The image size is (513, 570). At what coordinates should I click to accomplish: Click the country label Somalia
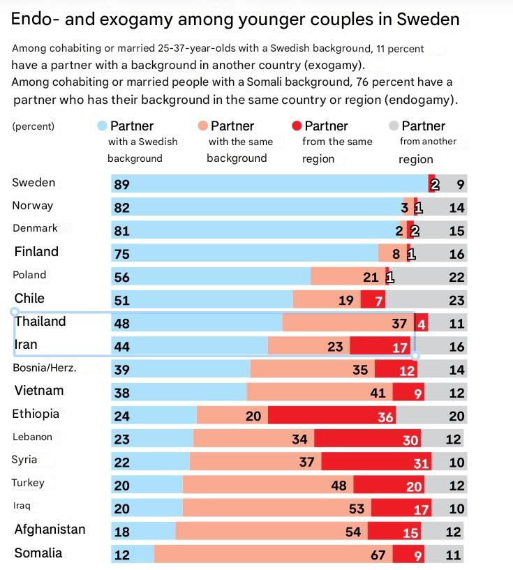tap(38, 553)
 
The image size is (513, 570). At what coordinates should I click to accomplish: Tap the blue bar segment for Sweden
tap(269, 184)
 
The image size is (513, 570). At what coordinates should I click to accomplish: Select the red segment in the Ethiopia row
tap(332, 416)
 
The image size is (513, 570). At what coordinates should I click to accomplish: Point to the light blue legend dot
tap(102, 126)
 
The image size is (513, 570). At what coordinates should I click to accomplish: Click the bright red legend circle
tap(297, 126)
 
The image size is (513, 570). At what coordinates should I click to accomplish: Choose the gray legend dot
tap(394, 126)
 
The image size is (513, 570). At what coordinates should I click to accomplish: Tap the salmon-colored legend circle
tap(202, 126)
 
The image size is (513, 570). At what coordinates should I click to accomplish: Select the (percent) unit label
tap(34, 127)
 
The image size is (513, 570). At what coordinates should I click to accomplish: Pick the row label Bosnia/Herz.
tap(45, 368)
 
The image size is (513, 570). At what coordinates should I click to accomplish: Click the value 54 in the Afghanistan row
tap(353, 532)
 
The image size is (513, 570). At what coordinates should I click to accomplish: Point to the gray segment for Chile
tap(426, 300)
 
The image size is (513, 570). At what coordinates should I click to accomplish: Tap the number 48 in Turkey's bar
tap(339, 486)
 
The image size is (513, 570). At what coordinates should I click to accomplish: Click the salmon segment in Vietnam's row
tap(319, 393)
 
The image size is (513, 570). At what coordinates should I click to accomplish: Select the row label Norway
tap(33, 206)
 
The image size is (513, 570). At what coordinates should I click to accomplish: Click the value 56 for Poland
tap(122, 277)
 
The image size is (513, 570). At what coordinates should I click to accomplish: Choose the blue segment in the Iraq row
tap(147, 509)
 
